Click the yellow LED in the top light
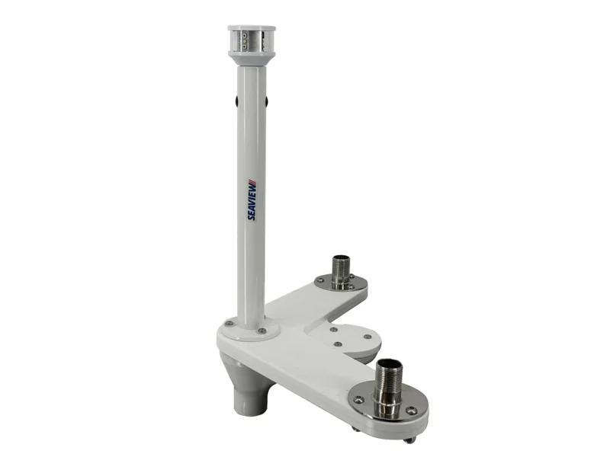click(244, 40)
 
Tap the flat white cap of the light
click(252, 28)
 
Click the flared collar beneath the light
click(252, 59)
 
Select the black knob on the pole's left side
click(236, 101)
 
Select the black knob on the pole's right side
click(266, 101)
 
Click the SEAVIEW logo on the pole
click(252, 200)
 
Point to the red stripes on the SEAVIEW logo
click(252, 182)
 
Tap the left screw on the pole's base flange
click(230, 322)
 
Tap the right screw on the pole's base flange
click(262, 331)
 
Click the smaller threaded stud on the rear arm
click(341, 271)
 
